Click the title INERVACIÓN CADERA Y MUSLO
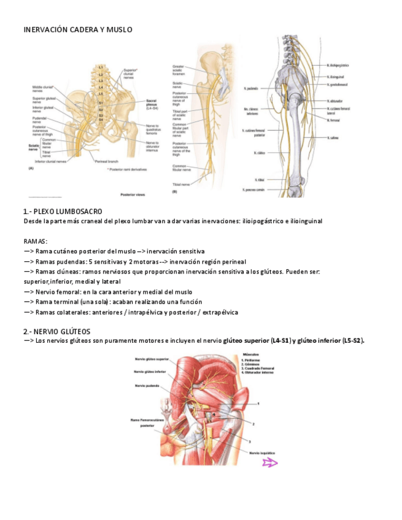click(x=77, y=29)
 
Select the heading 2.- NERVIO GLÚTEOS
click(x=57, y=332)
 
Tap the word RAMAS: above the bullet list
click(x=36, y=241)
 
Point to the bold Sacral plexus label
click(x=153, y=102)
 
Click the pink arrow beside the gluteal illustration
click(x=269, y=463)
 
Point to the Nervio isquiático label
click(x=263, y=453)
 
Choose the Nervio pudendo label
click(x=145, y=386)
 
